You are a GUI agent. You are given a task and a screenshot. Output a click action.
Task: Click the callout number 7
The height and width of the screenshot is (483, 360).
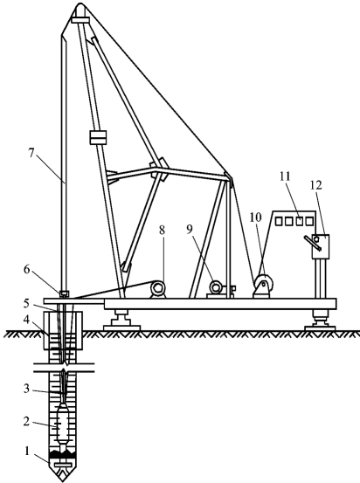pyautogui.click(x=31, y=154)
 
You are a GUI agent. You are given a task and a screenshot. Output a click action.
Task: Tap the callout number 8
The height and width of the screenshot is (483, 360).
pyautogui.click(x=162, y=230)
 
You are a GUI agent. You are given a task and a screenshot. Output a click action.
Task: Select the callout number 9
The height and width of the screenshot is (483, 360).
pyautogui.click(x=190, y=229)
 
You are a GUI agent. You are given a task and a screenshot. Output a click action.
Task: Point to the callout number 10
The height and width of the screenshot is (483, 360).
pyautogui.click(x=256, y=217)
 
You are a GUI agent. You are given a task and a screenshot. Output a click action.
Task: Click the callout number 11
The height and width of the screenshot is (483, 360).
pyautogui.click(x=286, y=176)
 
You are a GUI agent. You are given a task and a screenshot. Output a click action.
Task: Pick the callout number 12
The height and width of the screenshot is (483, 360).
pyautogui.click(x=316, y=185)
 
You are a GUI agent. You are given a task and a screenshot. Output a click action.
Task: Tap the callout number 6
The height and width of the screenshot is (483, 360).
pyautogui.click(x=27, y=270)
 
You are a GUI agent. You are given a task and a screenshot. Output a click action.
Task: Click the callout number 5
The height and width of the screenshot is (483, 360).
pyautogui.click(x=26, y=303)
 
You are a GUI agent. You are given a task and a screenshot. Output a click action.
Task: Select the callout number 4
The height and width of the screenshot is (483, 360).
pyautogui.click(x=27, y=320)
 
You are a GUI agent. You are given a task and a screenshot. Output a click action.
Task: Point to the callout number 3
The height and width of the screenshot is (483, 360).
pyautogui.click(x=27, y=389)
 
